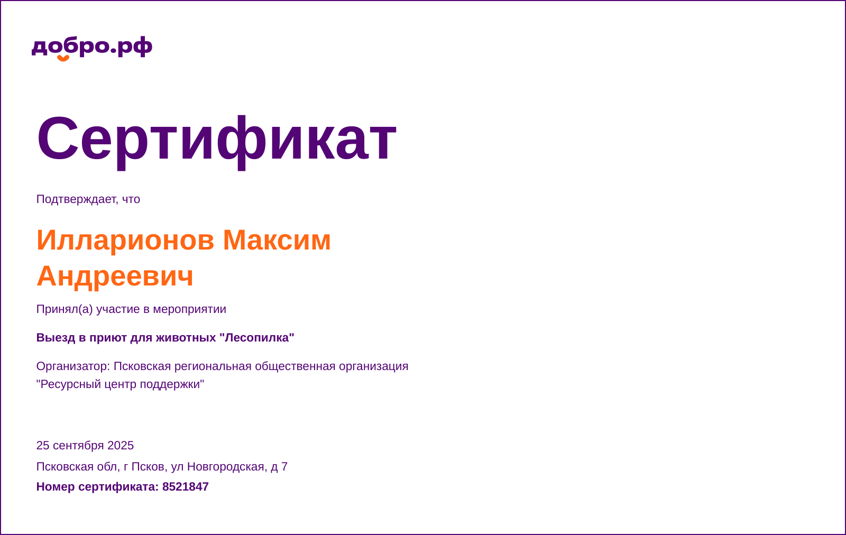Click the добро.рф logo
coord(91,47)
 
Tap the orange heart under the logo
coord(63,58)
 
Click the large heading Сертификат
coord(216,139)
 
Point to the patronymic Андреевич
coord(115,276)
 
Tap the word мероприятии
coord(189,309)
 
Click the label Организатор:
coord(73,366)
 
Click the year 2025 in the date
coord(121,446)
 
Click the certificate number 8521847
coord(185,487)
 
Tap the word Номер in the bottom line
coord(56,487)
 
